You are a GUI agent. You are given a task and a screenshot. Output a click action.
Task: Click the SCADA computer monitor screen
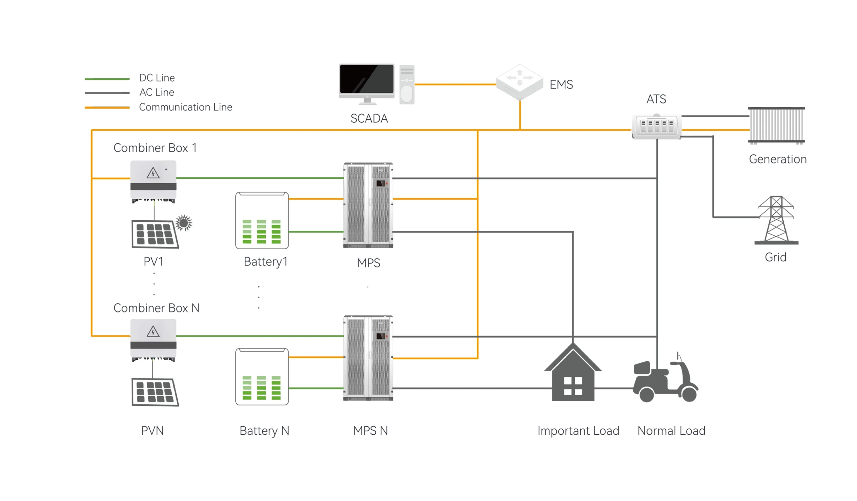point(367,79)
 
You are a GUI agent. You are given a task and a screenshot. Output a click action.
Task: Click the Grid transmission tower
point(776,220)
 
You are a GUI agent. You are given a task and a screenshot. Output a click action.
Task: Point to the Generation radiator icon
point(776,125)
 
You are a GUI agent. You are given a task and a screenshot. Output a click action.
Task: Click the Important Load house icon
point(573,374)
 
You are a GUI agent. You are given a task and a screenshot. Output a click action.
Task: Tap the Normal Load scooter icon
point(665,383)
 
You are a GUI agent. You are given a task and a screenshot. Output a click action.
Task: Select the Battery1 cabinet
point(262,220)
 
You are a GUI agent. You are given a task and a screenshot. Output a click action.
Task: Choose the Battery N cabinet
point(262,376)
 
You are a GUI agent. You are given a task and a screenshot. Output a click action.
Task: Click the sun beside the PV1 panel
point(184,223)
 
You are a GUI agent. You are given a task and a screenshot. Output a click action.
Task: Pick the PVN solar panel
point(155,392)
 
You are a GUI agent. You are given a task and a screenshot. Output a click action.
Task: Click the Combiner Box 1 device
point(153,180)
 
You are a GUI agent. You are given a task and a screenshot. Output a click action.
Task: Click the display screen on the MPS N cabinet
point(380,336)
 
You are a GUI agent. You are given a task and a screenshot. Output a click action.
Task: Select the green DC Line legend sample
point(107,79)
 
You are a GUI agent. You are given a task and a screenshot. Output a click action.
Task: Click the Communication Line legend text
point(185,107)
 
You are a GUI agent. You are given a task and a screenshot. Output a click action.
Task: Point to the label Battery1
point(265,262)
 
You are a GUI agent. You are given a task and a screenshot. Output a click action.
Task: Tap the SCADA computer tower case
point(407,84)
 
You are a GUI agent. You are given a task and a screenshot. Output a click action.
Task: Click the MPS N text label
point(370,431)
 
